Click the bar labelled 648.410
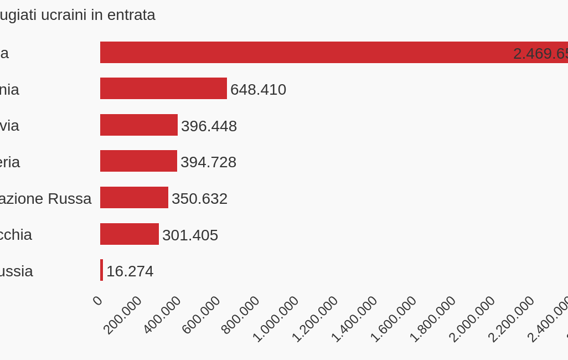[163, 89]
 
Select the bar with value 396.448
[138, 125]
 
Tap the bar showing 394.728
[138, 161]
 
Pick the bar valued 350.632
[134, 198]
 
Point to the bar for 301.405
[129, 234]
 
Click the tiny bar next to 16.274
[101, 270]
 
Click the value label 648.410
[258, 89]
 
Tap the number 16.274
[130, 271]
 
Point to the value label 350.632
[199, 198]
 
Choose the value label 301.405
[190, 235]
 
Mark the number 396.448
[209, 126]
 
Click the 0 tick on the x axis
[97, 300]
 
